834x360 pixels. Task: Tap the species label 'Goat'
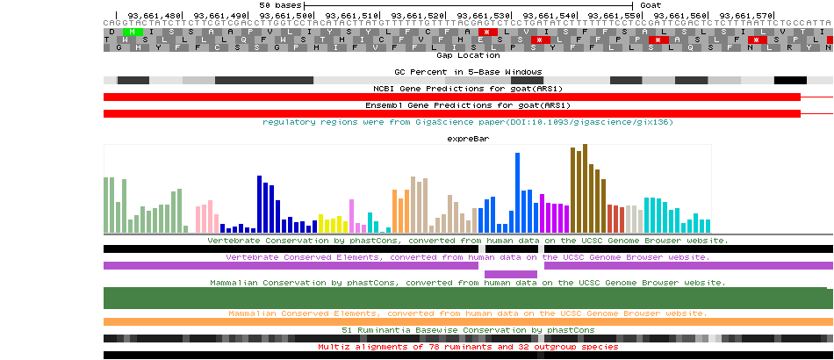pyautogui.click(x=651, y=5)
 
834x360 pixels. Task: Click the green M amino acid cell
pyautogui.click(x=131, y=32)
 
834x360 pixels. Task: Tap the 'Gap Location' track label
pyautogui.click(x=468, y=55)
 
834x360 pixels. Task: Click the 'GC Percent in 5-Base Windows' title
pyautogui.click(x=468, y=71)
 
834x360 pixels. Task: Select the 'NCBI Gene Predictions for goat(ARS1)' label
pyautogui.click(x=468, y=88)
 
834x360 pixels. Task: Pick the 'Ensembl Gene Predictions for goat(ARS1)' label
pyautogui.click(x=468, y=105)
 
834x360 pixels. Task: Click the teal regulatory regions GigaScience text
pyautogui.click(x=468, y=122)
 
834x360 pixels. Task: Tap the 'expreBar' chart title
pyautogui.click(x=468, y=139)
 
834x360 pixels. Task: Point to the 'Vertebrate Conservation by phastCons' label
pyautogui.click(x=468, y=240)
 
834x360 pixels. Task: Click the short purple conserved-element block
pyautogui.click(x=510, y=275)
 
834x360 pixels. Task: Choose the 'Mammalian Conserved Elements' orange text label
pyautogui.click(x=468, y=313)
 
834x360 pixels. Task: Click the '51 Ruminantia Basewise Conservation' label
pyautogui.click(x=468, y=330)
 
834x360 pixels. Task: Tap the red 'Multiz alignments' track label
pyautogui.click(x=468, y=347)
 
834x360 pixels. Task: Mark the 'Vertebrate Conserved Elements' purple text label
pyautogui.click(x=468, y=257)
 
